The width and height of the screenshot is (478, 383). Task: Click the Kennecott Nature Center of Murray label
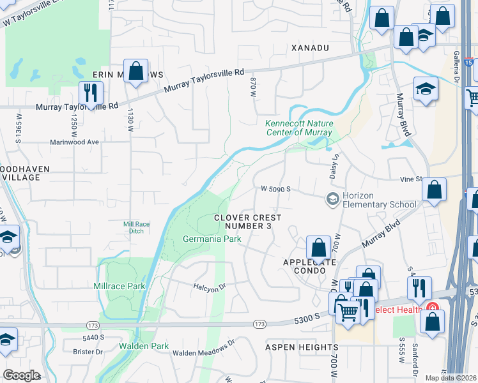(298, 128)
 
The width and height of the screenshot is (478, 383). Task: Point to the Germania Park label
(206, 239)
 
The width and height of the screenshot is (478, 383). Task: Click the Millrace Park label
(119, 287)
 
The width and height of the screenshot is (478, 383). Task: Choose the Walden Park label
(144, 347)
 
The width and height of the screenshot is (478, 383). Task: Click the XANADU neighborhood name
(309, 48)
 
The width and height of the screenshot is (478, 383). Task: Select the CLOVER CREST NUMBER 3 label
(247, 222)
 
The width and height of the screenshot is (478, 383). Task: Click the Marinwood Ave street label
(75, 142)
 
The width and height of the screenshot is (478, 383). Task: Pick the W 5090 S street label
(275, 189)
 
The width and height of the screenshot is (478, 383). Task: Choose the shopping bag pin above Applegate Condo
(318, 248)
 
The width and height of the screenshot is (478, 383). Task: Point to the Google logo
(21, 375)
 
